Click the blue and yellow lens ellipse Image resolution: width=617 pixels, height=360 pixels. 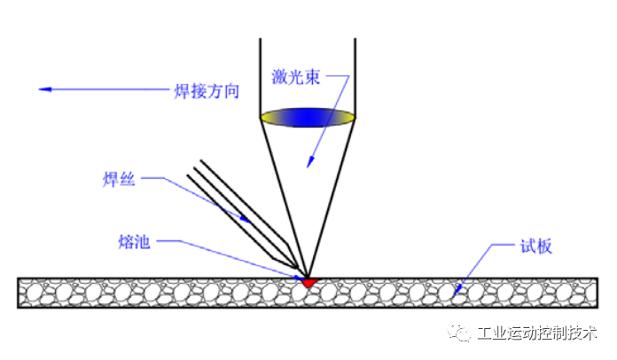coord(308,116)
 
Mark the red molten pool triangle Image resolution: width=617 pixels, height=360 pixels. coord(308,282)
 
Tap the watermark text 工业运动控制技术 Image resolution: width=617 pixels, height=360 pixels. coord(537,334)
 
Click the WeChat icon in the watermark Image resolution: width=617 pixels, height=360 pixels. coord(460,333)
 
